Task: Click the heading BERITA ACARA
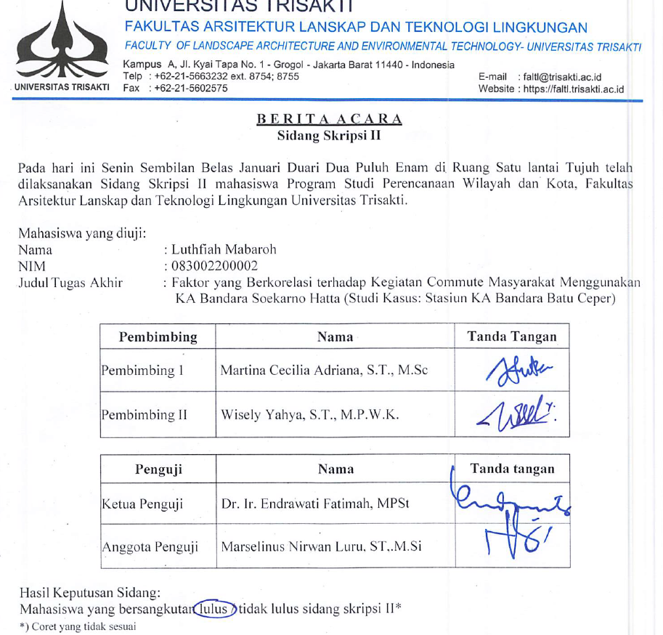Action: [x=329, y=119]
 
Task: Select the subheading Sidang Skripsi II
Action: [x=329, y=134]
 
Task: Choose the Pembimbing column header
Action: [x=158, y=336]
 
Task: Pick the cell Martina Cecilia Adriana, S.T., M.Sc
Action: [x=324, y=371]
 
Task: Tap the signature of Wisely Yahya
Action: [x=511, y=415]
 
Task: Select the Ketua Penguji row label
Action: [x=142, y=503]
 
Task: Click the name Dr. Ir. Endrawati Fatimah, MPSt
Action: [x=315, y=503]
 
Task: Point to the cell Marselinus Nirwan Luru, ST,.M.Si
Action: [x=322, y=546]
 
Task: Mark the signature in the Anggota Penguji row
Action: [x=511, y=541]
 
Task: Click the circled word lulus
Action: [x=214, y=607]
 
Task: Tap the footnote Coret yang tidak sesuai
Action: [x=83, y=626]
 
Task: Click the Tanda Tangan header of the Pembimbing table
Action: [x=512, y=336]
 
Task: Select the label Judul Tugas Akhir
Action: [x=70, y=283]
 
